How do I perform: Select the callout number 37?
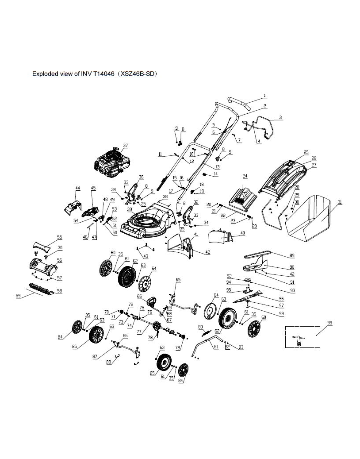(125, 146)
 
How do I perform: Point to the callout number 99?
(329, 323)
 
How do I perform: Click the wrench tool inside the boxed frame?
(298, 339)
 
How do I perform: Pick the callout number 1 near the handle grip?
(264, 96)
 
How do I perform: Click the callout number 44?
(78, 189)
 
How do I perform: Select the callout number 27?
(314, 165)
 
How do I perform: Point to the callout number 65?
(178, 280)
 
